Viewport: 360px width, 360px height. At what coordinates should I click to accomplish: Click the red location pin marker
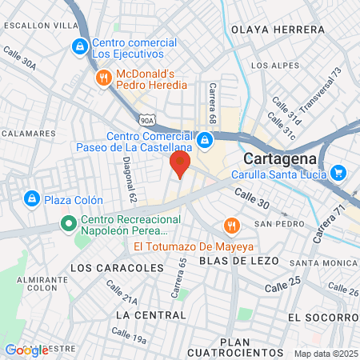179,164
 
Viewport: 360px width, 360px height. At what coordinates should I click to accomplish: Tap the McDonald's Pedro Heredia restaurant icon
104,78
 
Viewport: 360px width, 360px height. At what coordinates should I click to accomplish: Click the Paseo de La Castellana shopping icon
206,141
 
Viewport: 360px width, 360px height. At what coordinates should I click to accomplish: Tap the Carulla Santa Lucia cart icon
338,172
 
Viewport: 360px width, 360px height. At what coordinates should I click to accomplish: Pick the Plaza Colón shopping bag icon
31,198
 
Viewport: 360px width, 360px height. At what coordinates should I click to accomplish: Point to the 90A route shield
147,118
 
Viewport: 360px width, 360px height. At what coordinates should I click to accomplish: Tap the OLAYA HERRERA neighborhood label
278,30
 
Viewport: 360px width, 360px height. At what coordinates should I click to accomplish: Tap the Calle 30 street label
252,198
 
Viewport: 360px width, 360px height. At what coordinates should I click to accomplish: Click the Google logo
26,350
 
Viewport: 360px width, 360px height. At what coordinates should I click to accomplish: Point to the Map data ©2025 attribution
326,354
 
